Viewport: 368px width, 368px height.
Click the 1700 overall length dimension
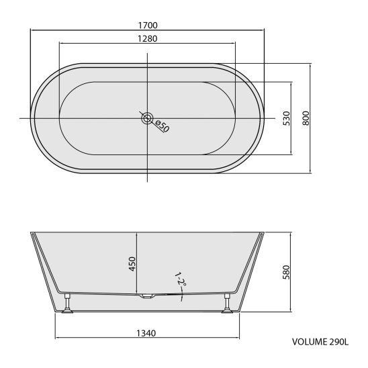click(x=148, y=25)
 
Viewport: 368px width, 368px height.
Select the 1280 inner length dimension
click(x=147, y=38)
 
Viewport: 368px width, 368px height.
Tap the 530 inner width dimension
click(x=286, y=118)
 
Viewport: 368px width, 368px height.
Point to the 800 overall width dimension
click(x=306, y=118)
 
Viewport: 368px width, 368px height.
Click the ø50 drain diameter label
click(x=162, y=126)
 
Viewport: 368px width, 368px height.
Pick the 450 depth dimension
click(x=132, y=264)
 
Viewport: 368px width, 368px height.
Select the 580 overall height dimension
click(x=286, y=272)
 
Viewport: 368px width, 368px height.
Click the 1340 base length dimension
click(x=146, y=333)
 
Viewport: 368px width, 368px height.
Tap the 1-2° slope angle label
click(x=181, y=279)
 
